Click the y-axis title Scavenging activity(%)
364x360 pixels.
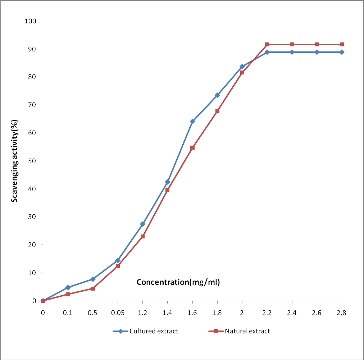15,161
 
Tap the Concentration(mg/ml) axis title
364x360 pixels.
178,282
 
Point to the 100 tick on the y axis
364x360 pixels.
31,21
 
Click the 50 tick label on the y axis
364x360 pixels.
32,161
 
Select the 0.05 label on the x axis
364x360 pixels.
118,313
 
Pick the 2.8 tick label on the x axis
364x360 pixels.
341,313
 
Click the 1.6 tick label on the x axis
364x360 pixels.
192,313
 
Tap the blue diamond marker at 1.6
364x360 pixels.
192,122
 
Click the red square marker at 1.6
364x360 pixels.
192,147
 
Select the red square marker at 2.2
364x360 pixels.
267,45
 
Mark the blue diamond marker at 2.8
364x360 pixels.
342,52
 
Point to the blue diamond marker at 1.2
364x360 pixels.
142,224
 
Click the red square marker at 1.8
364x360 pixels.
217,111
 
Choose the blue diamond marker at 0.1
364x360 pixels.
68,287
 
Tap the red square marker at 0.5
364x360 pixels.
93,288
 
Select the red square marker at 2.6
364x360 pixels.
317,45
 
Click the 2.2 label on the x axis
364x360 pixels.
267,313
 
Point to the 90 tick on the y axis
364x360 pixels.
32,49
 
